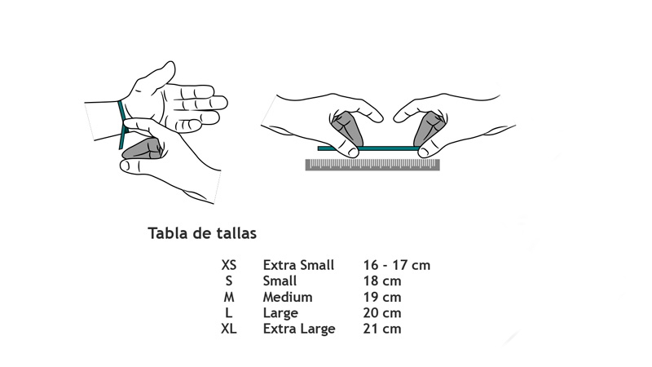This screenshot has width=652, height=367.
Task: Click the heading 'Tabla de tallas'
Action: [x=202, y=233]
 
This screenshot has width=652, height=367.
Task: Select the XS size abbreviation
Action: [x=229, y=265]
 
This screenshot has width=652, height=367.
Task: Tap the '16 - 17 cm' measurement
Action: [x=397, y=265]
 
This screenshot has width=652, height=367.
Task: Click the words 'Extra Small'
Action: [x=298, y=265]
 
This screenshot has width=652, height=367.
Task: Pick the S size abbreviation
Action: [x=229, y=281]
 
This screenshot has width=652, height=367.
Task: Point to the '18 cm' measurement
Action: [x=382, y=281]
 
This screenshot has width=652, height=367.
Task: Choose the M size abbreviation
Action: [x=229, y=297]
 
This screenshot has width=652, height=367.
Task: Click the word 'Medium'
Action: [x=288, y=297]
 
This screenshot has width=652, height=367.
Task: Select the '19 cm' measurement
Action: [x=382, y=297]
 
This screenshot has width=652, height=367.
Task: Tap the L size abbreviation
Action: [x=229, y=313]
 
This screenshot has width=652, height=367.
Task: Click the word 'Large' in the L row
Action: [x=280, y=313]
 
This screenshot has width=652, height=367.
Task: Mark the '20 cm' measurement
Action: [x=382, y=313]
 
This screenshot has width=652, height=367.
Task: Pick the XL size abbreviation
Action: [x=229, y=329]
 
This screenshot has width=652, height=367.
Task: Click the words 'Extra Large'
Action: [x=299, y=329]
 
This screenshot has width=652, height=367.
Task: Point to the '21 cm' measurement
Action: [x=382, y=329]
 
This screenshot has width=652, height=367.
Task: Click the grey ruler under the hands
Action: [x=372, y=165]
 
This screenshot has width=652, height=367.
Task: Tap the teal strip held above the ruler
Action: [x=368, y=148]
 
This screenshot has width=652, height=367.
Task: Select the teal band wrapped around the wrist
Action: [x=121, y=125]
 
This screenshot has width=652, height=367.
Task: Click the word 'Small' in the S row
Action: [x=280, y=281]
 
